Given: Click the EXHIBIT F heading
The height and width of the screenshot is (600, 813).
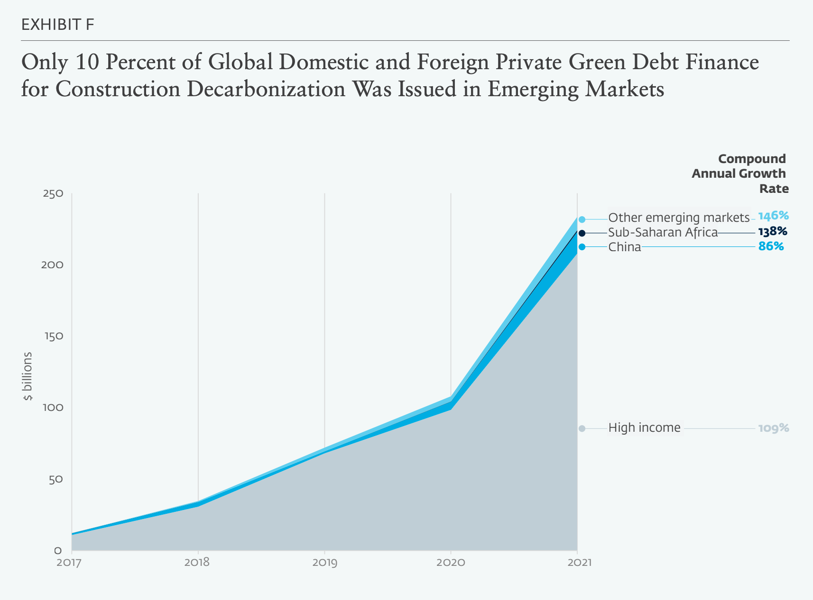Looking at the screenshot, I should pyautogui.click(x=57, y=25).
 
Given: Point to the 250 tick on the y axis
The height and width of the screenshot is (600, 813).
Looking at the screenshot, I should pyautogui.click(x=53, y=194).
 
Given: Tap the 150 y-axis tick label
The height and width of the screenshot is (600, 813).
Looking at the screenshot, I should pyautogui.click(x=53, y=336).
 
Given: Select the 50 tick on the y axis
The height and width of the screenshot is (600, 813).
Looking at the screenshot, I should pyautogui.click(x=55, y=479).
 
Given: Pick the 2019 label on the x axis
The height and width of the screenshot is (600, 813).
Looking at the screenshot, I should pyautogui.click(x=324, y=563).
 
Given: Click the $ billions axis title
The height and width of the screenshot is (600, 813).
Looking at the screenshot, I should pyautogui.click(x=28, y=376).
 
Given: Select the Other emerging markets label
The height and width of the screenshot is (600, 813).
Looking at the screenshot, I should pyautogui.click(x=679, y=218).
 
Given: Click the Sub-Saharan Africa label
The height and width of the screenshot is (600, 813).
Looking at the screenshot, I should pyautogui.click(x=663, y=233).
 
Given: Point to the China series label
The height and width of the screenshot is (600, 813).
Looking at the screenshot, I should pyautogui.click(x=624, y=247).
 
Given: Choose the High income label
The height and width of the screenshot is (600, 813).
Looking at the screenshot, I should pyautogui.click(x=644, y=428).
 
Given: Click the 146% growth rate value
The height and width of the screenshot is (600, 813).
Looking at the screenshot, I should pyautogui.click(x=773, y=216).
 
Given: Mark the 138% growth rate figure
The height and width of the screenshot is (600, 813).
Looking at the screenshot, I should pyautogui.click(x=772, y=232).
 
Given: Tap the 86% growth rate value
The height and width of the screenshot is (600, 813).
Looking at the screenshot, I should pyautogui.click(x=771, y=246).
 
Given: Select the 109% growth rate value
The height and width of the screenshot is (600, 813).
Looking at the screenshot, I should pyautogui.click(x=773, y=428).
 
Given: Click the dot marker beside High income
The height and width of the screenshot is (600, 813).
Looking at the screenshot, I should pyautogui.click(x=582, y=428).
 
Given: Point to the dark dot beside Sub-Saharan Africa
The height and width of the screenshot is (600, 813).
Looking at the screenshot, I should pyautogui.click(x=582, y=233).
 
